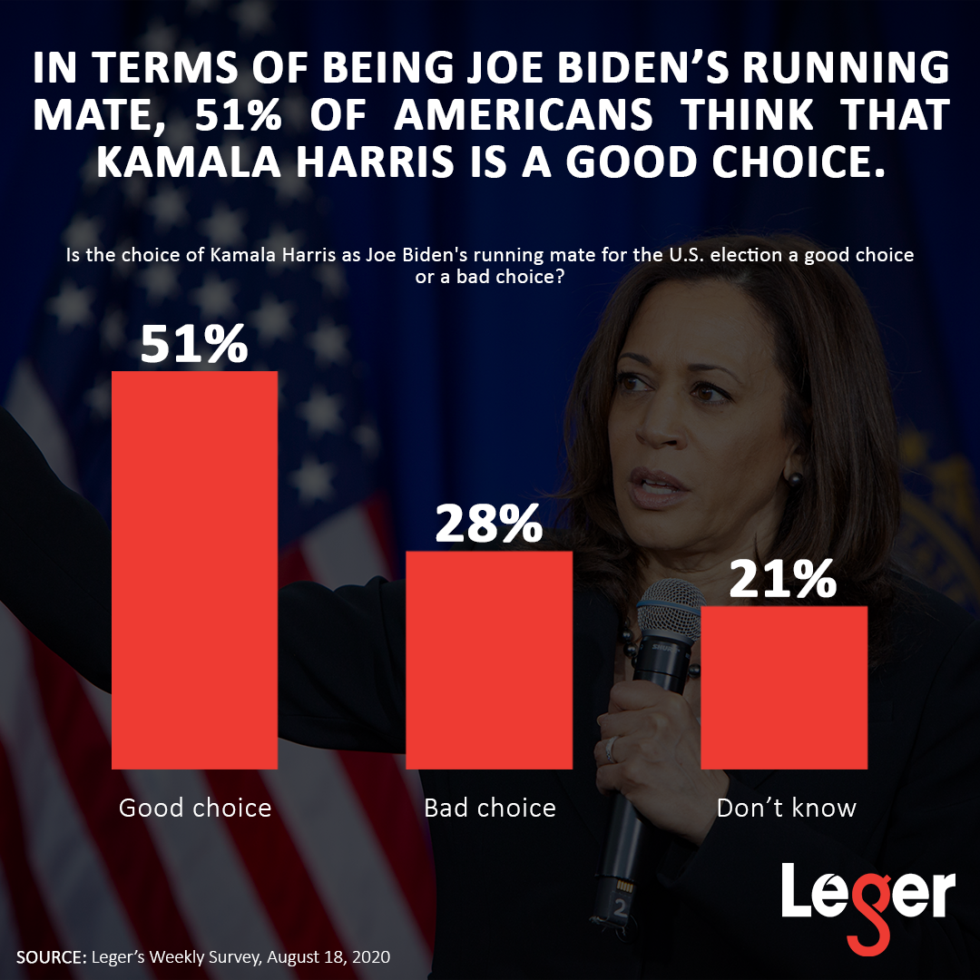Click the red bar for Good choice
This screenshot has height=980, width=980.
[194, 570]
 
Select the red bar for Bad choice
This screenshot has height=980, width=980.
[489, 660]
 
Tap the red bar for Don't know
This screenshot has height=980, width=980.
[784, 687]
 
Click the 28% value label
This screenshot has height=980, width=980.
[489, 524]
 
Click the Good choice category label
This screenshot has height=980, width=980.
[195, 807]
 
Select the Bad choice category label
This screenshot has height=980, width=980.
[490, 807]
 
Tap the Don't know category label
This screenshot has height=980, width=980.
[786, 807]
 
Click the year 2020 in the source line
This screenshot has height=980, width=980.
[371, 958]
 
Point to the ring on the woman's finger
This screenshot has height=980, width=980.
[611, 749]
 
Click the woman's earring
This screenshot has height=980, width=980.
[794, 478]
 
